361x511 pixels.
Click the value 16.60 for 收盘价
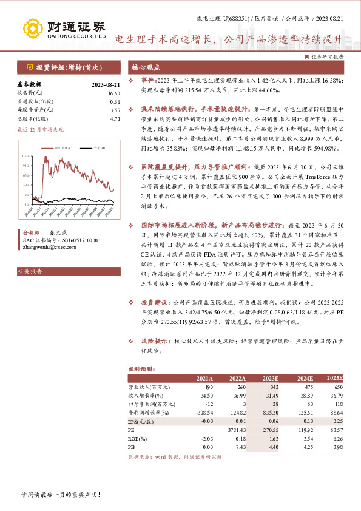click(115, 93)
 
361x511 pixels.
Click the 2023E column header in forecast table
click(269, 378)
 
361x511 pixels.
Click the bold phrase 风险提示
click(154, 342)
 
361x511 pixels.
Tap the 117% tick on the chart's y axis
click(26, 156)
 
